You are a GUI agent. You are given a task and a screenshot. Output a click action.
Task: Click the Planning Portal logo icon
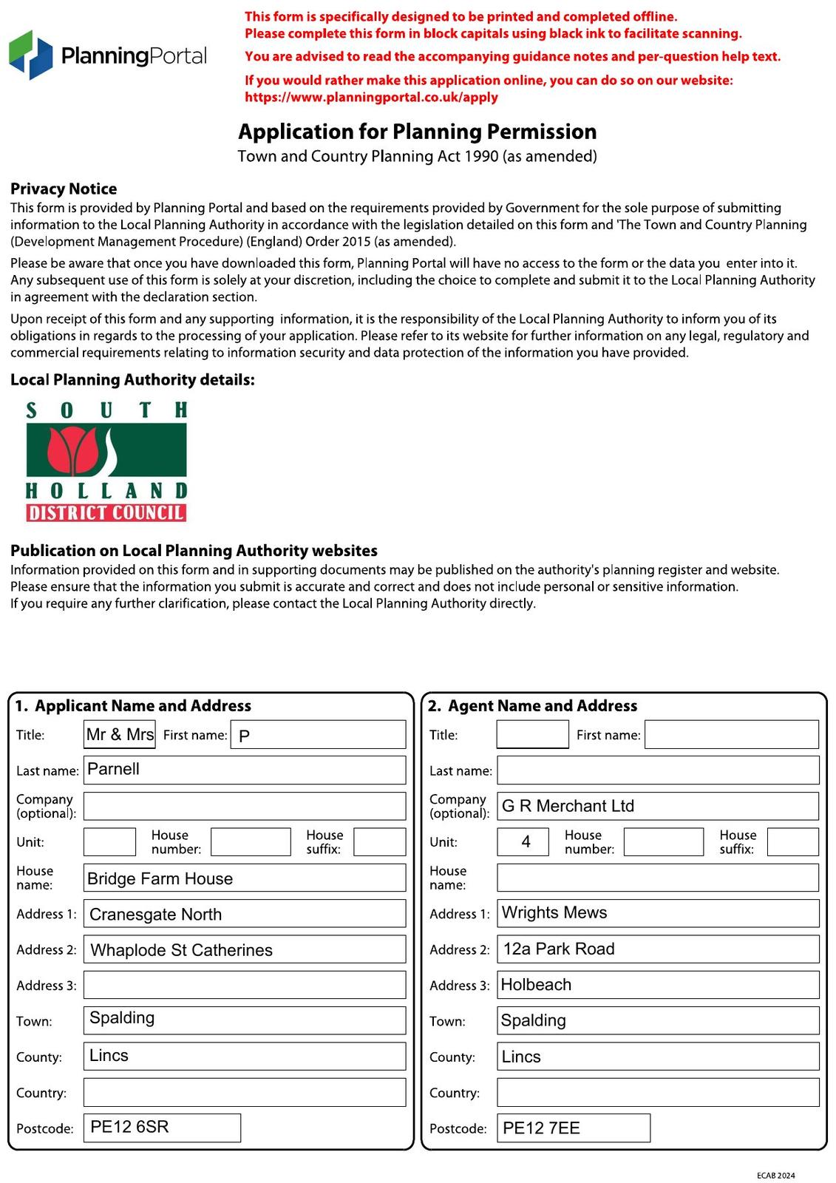click(31, 55)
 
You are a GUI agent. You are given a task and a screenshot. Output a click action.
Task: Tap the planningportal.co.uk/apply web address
click(371, 97)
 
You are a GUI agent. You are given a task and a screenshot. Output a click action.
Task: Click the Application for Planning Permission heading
click(417, 132)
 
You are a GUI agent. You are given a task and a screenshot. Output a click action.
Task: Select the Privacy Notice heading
click(64, 189)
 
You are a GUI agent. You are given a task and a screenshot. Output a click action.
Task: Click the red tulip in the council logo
click(72, 450)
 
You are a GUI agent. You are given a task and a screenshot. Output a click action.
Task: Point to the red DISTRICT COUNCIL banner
click(106, 512)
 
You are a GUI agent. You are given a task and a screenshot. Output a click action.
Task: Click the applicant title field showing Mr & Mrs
click(120, 734)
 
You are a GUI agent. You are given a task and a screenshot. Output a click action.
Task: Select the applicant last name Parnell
click(244, 770)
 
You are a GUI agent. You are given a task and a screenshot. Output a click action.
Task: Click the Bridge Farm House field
click(244, 878)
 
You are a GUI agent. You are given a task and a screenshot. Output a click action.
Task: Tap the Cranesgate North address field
click(244, 914)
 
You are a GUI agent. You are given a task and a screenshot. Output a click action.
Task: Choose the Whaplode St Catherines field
click(244, 949)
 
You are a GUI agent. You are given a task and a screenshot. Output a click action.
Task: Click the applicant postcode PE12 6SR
click(162, 1127)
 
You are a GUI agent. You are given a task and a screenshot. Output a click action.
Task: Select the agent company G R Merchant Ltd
click(657, 806)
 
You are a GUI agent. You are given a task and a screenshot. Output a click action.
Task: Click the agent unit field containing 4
click(523, 841)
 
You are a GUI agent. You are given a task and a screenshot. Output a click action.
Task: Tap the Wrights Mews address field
click(657, 913)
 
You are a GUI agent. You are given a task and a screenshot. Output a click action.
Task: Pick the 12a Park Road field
click(657, 949)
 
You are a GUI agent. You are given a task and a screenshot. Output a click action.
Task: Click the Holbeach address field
click(657, 985)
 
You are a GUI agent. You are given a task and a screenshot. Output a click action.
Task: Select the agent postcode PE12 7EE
click(573, 1128)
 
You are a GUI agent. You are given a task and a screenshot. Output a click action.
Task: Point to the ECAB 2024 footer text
click(775, 1175)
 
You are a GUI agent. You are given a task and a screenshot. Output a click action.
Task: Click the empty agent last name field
click(657, 770)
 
